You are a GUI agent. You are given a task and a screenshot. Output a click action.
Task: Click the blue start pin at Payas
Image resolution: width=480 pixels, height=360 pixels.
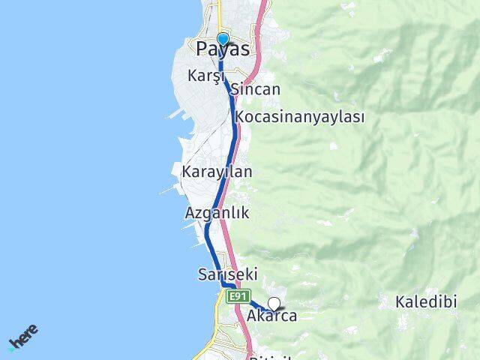tap(223, 39)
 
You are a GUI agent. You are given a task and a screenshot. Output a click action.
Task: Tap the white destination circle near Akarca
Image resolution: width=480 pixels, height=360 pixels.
tap(274, 304)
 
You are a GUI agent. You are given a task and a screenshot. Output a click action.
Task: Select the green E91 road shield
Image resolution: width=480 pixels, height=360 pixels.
tap(238, 297)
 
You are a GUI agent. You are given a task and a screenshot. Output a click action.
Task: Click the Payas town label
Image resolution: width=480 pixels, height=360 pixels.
tap(223, 49)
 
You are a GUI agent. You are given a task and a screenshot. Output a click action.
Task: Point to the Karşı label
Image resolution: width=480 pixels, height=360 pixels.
tap(206, 76)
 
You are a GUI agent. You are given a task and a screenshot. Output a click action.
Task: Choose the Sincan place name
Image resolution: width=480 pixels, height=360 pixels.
tap(256, 90)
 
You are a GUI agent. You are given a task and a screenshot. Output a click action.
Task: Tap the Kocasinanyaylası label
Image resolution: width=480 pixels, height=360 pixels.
tap(299, 117)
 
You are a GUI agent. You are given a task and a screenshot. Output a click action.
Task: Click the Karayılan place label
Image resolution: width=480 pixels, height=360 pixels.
tap(217, 172)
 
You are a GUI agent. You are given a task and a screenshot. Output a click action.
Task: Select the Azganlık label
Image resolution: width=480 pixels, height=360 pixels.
tap(217, 213)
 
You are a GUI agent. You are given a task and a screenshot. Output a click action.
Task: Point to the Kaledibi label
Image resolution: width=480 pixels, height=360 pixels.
tap(426, 302)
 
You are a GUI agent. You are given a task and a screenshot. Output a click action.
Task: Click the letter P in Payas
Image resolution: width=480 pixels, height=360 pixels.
tap(202, 49)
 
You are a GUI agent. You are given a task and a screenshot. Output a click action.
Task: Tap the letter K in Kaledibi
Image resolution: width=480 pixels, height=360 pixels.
tap(400, 302)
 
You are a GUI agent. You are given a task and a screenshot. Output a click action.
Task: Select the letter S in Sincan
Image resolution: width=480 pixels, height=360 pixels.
tap(235, 90)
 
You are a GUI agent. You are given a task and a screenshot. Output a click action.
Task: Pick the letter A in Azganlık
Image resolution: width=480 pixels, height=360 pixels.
tap(190, 213)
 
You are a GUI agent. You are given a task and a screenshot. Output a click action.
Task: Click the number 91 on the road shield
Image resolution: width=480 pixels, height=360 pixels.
tap(241, 297)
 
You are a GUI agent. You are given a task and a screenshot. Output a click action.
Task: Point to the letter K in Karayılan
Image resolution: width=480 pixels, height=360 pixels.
tap(186, 172)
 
